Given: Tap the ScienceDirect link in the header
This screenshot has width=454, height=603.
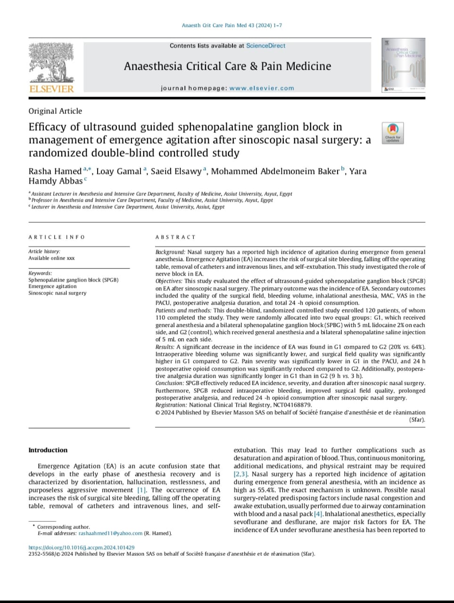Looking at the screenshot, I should point(266,46).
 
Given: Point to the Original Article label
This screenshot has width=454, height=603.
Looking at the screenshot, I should point(55,111).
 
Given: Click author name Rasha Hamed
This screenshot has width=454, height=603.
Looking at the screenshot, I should point(55,171).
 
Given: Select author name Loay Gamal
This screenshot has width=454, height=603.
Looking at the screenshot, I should point(119,171).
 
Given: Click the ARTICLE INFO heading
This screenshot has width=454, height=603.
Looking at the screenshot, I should point(57,237).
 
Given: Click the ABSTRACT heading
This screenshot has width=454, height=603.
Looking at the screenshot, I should point(175,237).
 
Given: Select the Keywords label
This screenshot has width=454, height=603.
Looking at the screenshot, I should point(40,273).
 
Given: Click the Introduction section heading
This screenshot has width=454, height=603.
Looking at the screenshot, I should point(48,450).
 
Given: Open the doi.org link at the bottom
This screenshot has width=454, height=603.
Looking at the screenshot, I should point(82,547).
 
